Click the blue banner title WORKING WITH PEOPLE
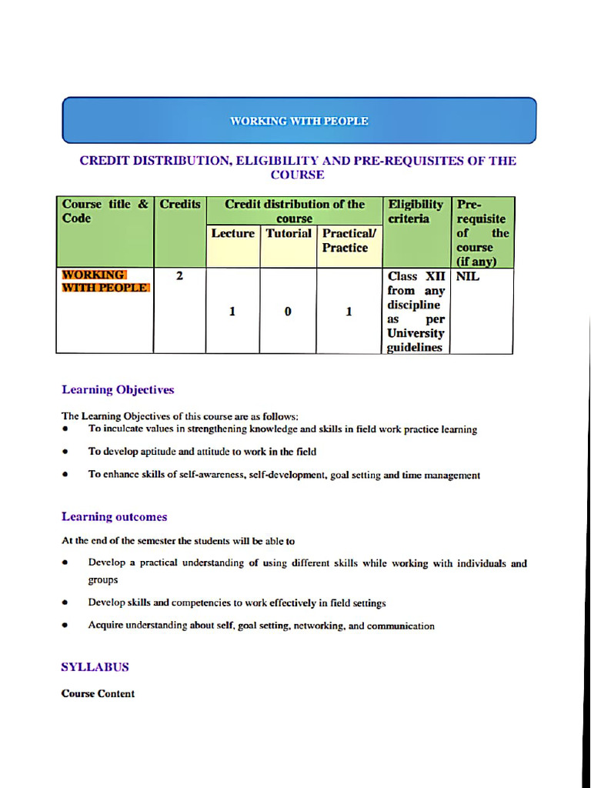tap(299, 121)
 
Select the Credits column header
tap(180, 205)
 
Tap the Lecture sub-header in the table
tap(232, 233)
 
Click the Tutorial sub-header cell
tap(289, 233)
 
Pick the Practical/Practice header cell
tap(345, 240)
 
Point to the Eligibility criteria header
tap(416, 212)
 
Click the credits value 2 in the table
tap(179, 275)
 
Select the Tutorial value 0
tap(288, 312)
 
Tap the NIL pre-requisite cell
tap(468, 275)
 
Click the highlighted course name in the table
tap(105, 282)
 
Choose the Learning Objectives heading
tap(118, 390)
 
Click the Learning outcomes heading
tap(114, 517)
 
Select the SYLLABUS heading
tap(95, 667)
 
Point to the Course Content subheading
tap(98, 693)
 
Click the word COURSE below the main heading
tap(297, 175)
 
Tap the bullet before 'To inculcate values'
tap(66, 429)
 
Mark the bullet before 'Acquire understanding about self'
tap(66, 626)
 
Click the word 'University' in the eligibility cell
tap(416, 333)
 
